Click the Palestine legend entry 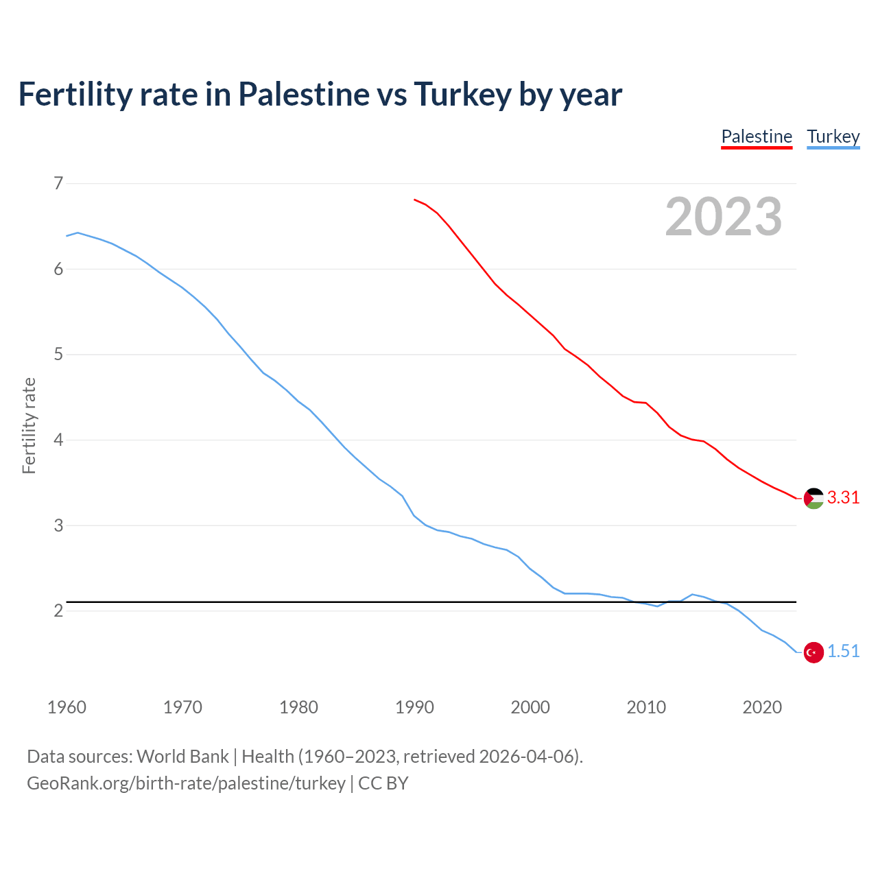click(x=757, y=137)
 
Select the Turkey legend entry click(x=833, y=137)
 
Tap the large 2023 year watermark click(x=724, y=217)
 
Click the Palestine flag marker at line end click(x=814, y=498)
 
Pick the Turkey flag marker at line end click(x=814, y=652)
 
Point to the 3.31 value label click(x=843, y=498)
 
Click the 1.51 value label click(x=843, y=652)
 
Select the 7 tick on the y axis click(x=58, y=183)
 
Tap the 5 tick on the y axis click(x=58, y=355)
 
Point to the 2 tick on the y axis click(x=58, y=610)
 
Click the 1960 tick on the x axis click(x=67, y=707)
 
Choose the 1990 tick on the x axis click(x=414, y=707)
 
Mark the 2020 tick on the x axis click(x=762, y=707)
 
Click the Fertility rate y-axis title click(x=29, y=425)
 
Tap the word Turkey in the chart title click(x=462, y=95)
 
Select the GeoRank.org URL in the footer click(x=186, y=783)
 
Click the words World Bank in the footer click(x=182, y=757)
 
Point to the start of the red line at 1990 click(x=415, y=200)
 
